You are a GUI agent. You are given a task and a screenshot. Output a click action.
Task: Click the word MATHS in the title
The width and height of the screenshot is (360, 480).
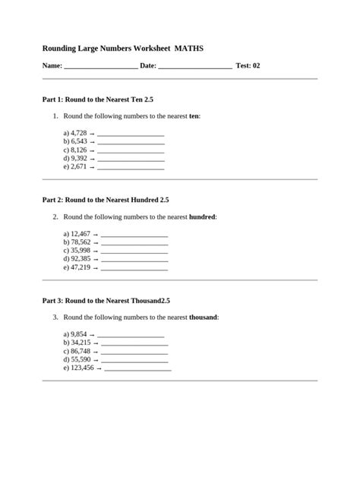[x=189, y=48]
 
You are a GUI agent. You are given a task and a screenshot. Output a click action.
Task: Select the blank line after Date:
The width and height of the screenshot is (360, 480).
[x=195, y=67]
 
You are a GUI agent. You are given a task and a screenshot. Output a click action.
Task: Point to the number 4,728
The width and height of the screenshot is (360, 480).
[x=78, y=133]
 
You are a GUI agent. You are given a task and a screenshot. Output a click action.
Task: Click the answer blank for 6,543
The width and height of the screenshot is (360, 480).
[x=131, y=142]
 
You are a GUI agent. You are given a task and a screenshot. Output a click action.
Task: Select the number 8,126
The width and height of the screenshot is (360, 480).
[x=78, y=150]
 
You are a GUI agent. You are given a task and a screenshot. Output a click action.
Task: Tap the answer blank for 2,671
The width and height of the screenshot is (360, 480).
[x=131, y=167]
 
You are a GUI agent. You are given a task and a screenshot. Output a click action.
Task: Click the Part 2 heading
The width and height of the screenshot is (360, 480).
[x=106, y=200]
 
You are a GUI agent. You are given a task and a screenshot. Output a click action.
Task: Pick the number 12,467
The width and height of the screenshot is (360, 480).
[x=81, y=234]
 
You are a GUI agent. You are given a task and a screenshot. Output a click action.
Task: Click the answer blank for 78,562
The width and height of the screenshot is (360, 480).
[x=134, y=243]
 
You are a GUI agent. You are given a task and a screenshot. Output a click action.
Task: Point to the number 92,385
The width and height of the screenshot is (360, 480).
[x=81, y=259]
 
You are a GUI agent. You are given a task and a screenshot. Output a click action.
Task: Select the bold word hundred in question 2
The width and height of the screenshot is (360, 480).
[x=202, y=217]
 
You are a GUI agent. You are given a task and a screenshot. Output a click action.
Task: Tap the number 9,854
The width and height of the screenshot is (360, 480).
[x=78, y=334]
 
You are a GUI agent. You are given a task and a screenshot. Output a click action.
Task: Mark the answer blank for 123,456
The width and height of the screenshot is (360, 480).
[x=137, y=368]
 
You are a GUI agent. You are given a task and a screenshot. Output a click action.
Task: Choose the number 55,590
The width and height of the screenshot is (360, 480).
[x=81, y=359]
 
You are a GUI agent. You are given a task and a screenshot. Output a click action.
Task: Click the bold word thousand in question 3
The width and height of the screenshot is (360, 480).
[x=204, y=317]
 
